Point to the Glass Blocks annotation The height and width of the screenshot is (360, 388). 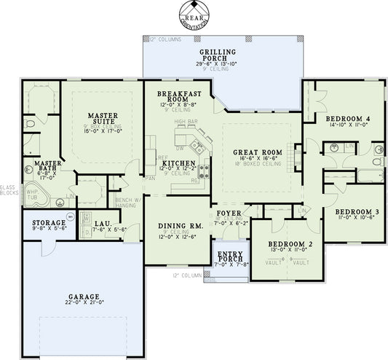pos(9,189)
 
